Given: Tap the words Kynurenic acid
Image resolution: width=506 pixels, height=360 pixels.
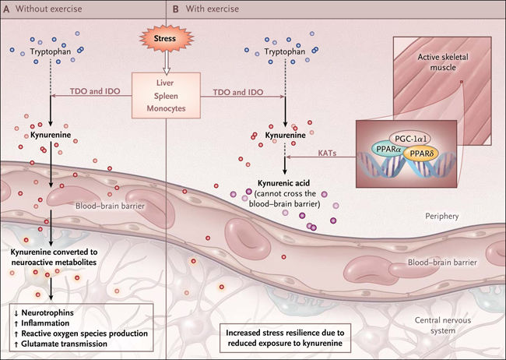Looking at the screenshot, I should click(x=283, y=181).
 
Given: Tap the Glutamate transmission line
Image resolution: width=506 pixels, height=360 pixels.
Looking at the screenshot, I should click(x=64, y=343).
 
